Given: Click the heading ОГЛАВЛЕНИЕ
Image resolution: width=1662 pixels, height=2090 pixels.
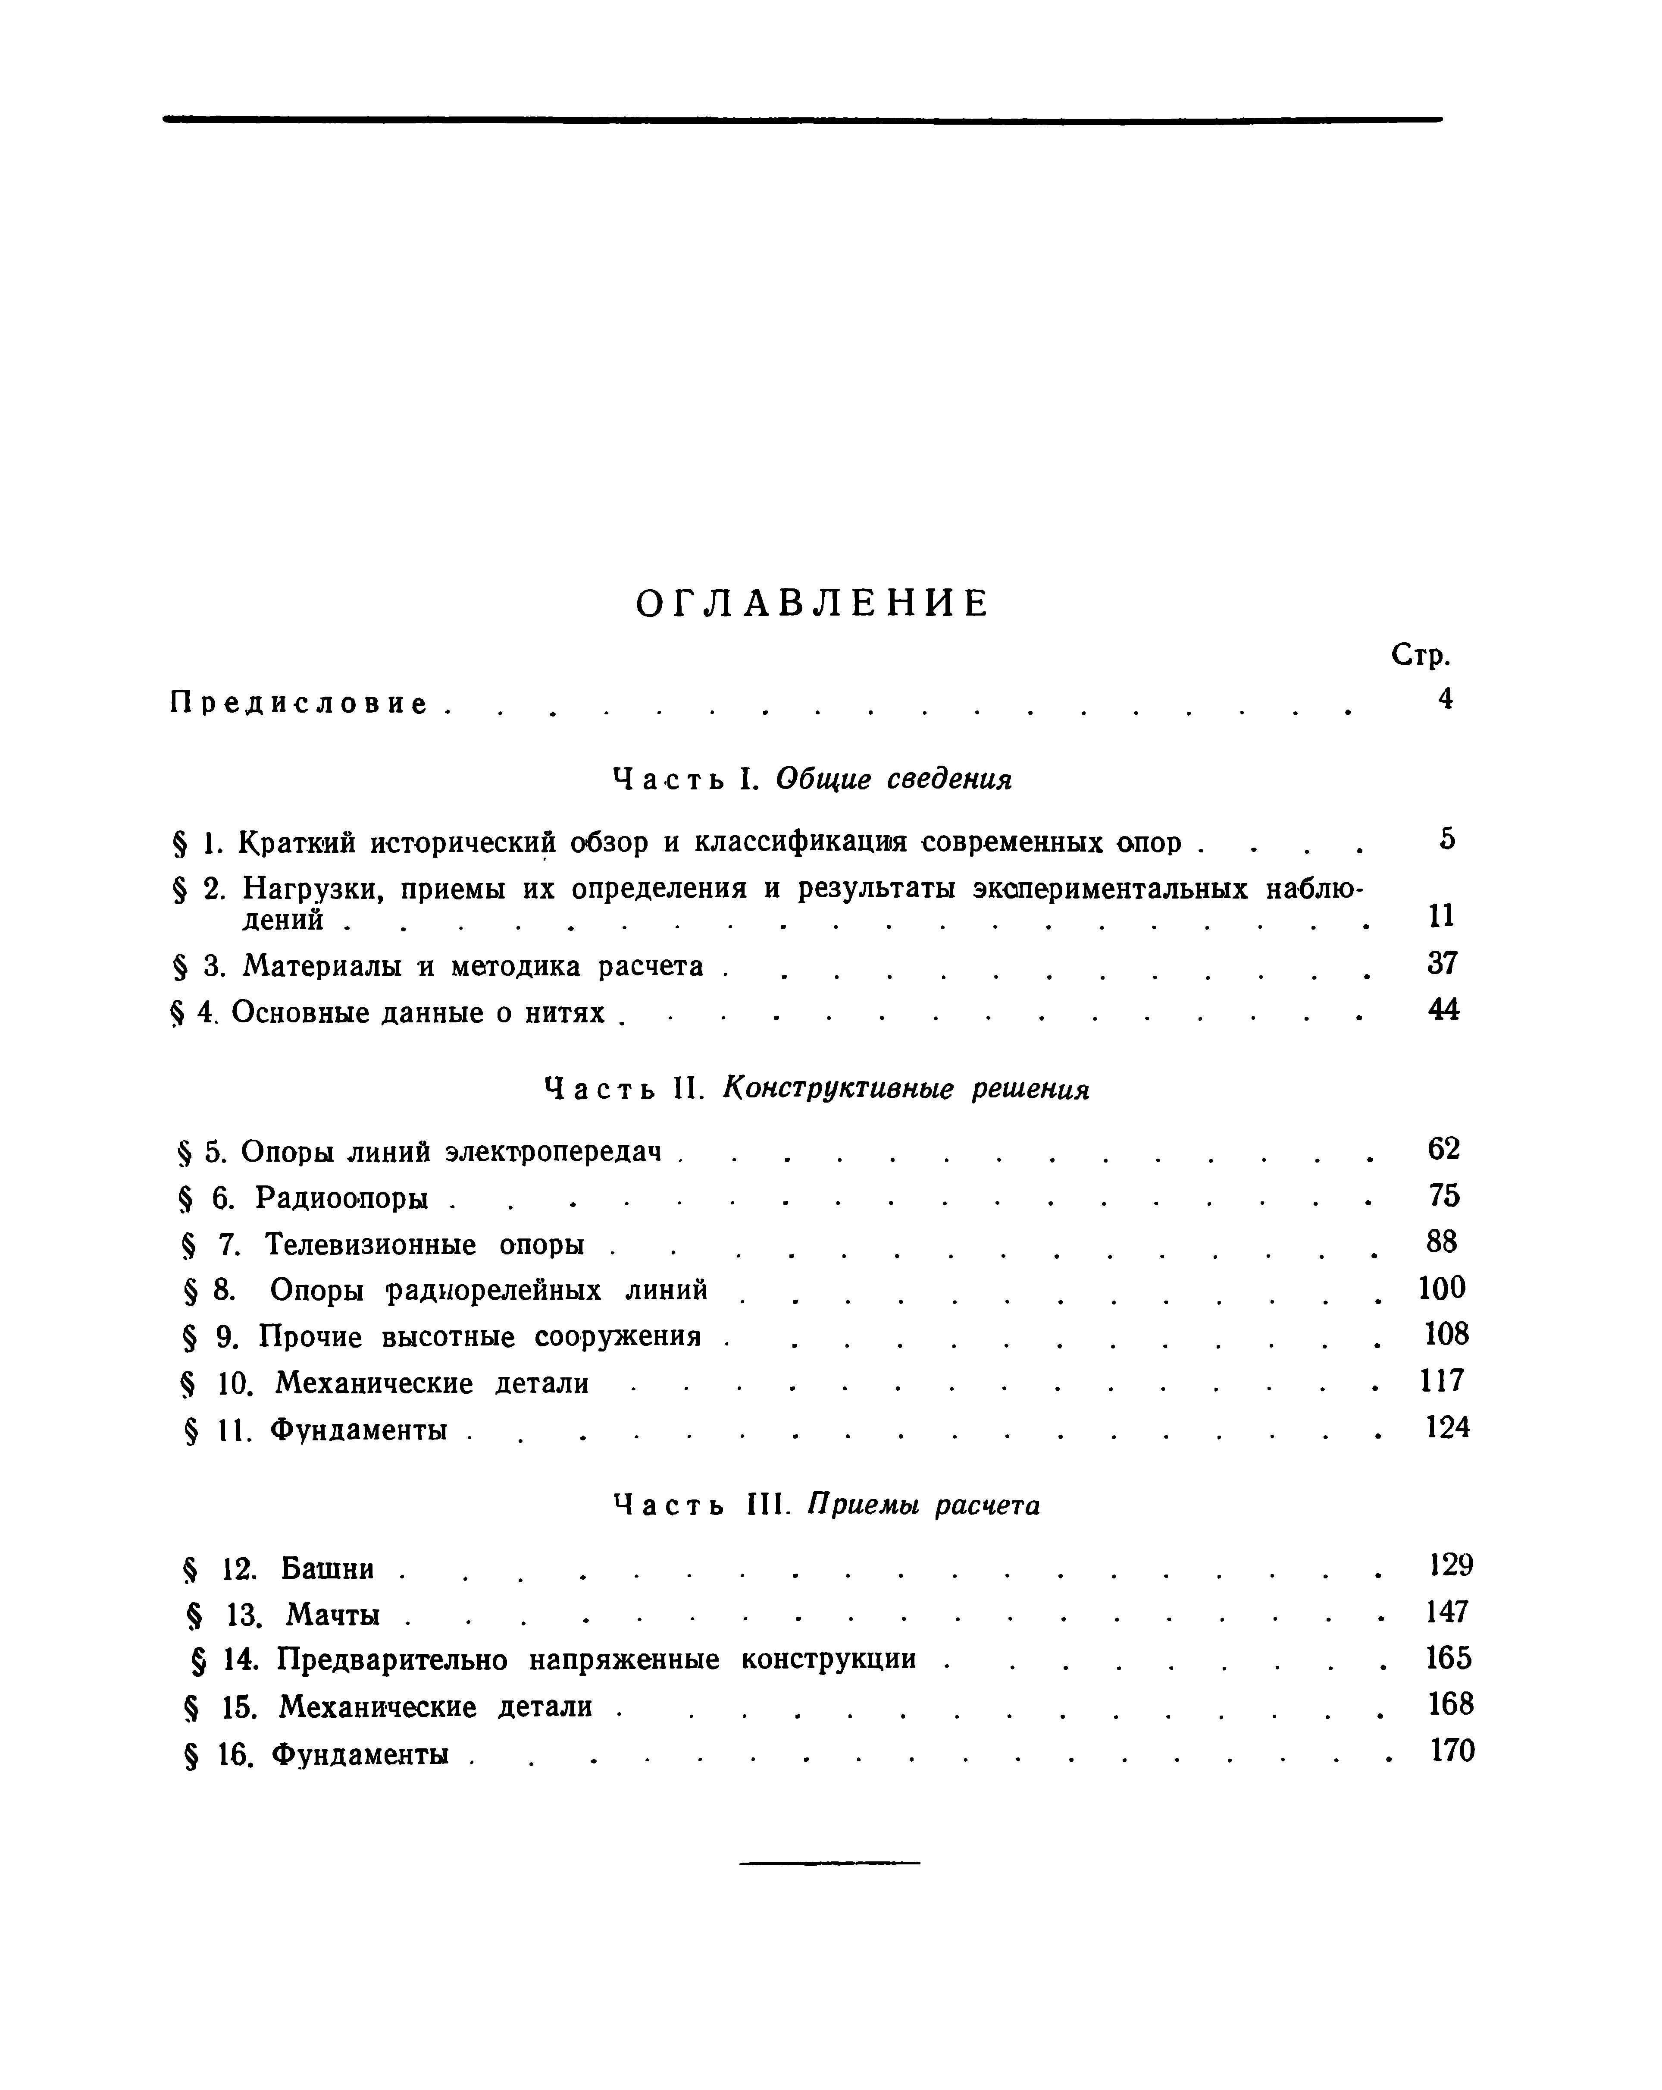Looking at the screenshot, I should click(812, 604).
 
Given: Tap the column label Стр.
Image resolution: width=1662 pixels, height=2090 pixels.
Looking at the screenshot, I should click(1421, 656).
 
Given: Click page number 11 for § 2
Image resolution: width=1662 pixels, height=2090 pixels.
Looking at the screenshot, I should click(1441, 915).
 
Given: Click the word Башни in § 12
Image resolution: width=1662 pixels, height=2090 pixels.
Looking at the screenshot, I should click(328, 1568).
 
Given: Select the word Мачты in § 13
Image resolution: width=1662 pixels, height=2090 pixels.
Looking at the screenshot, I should click(332, 1615).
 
